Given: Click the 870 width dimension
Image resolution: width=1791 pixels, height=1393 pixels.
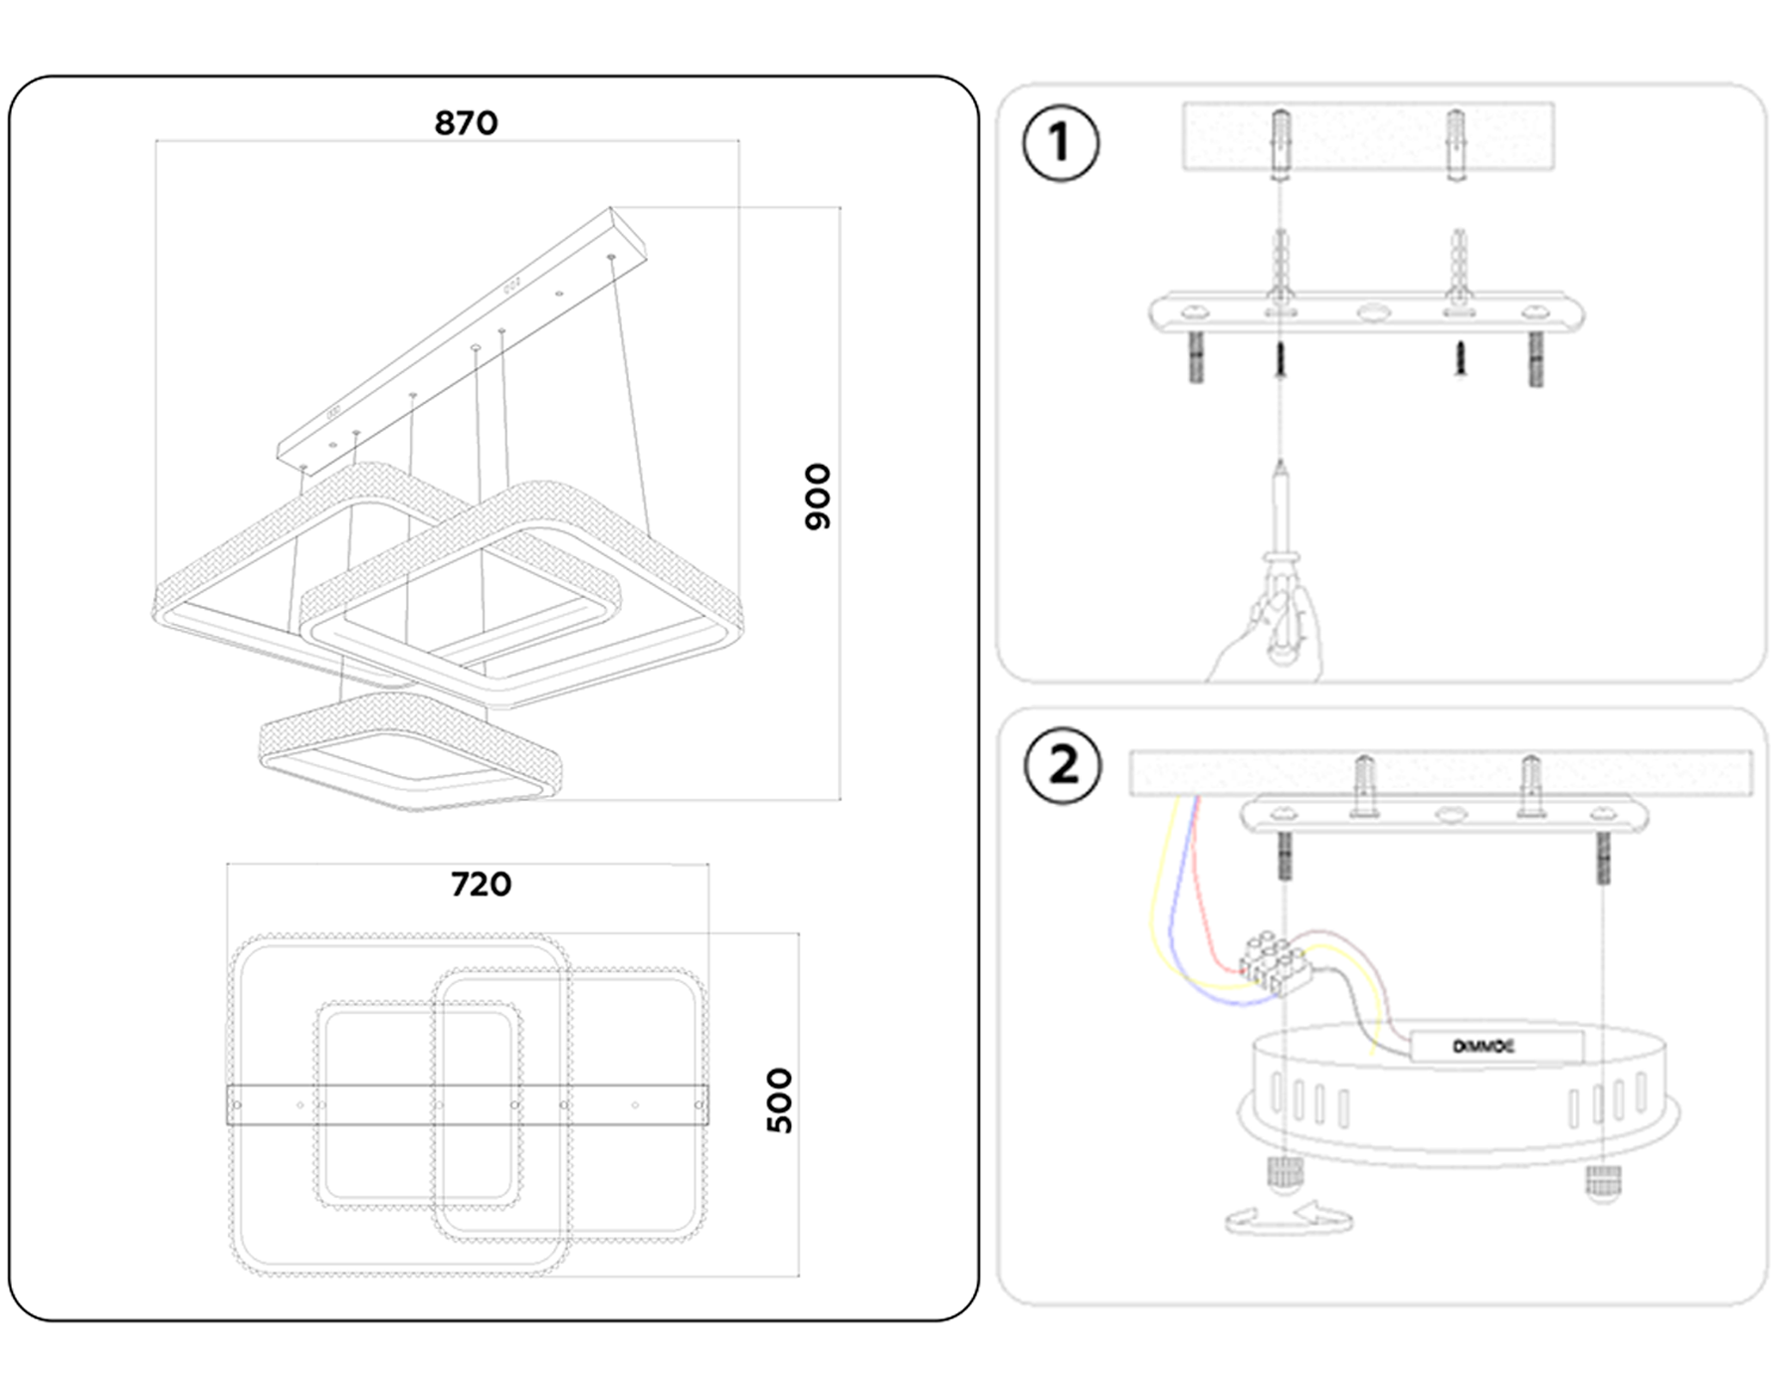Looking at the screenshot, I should coord(466,123).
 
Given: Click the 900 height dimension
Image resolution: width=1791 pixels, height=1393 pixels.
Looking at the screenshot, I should coord(817,497).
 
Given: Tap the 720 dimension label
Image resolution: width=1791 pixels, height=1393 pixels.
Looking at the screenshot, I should coord(481,885).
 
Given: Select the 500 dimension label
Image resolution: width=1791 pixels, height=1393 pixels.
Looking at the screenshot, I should coord(780,1100).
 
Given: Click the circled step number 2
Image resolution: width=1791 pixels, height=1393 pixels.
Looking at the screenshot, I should coord(1063,766).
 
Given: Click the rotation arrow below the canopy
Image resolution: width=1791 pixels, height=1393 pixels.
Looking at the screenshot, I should coord(1289,1219).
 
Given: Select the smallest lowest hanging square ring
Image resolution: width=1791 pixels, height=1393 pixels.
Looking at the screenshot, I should coord(410,753).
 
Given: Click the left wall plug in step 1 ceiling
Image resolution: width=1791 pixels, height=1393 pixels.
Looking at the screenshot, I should coord(1282,144).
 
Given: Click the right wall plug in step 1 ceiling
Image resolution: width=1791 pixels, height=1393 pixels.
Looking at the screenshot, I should coord(1456,144).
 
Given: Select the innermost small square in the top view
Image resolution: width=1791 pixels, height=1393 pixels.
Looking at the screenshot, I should coord(418,1104).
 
